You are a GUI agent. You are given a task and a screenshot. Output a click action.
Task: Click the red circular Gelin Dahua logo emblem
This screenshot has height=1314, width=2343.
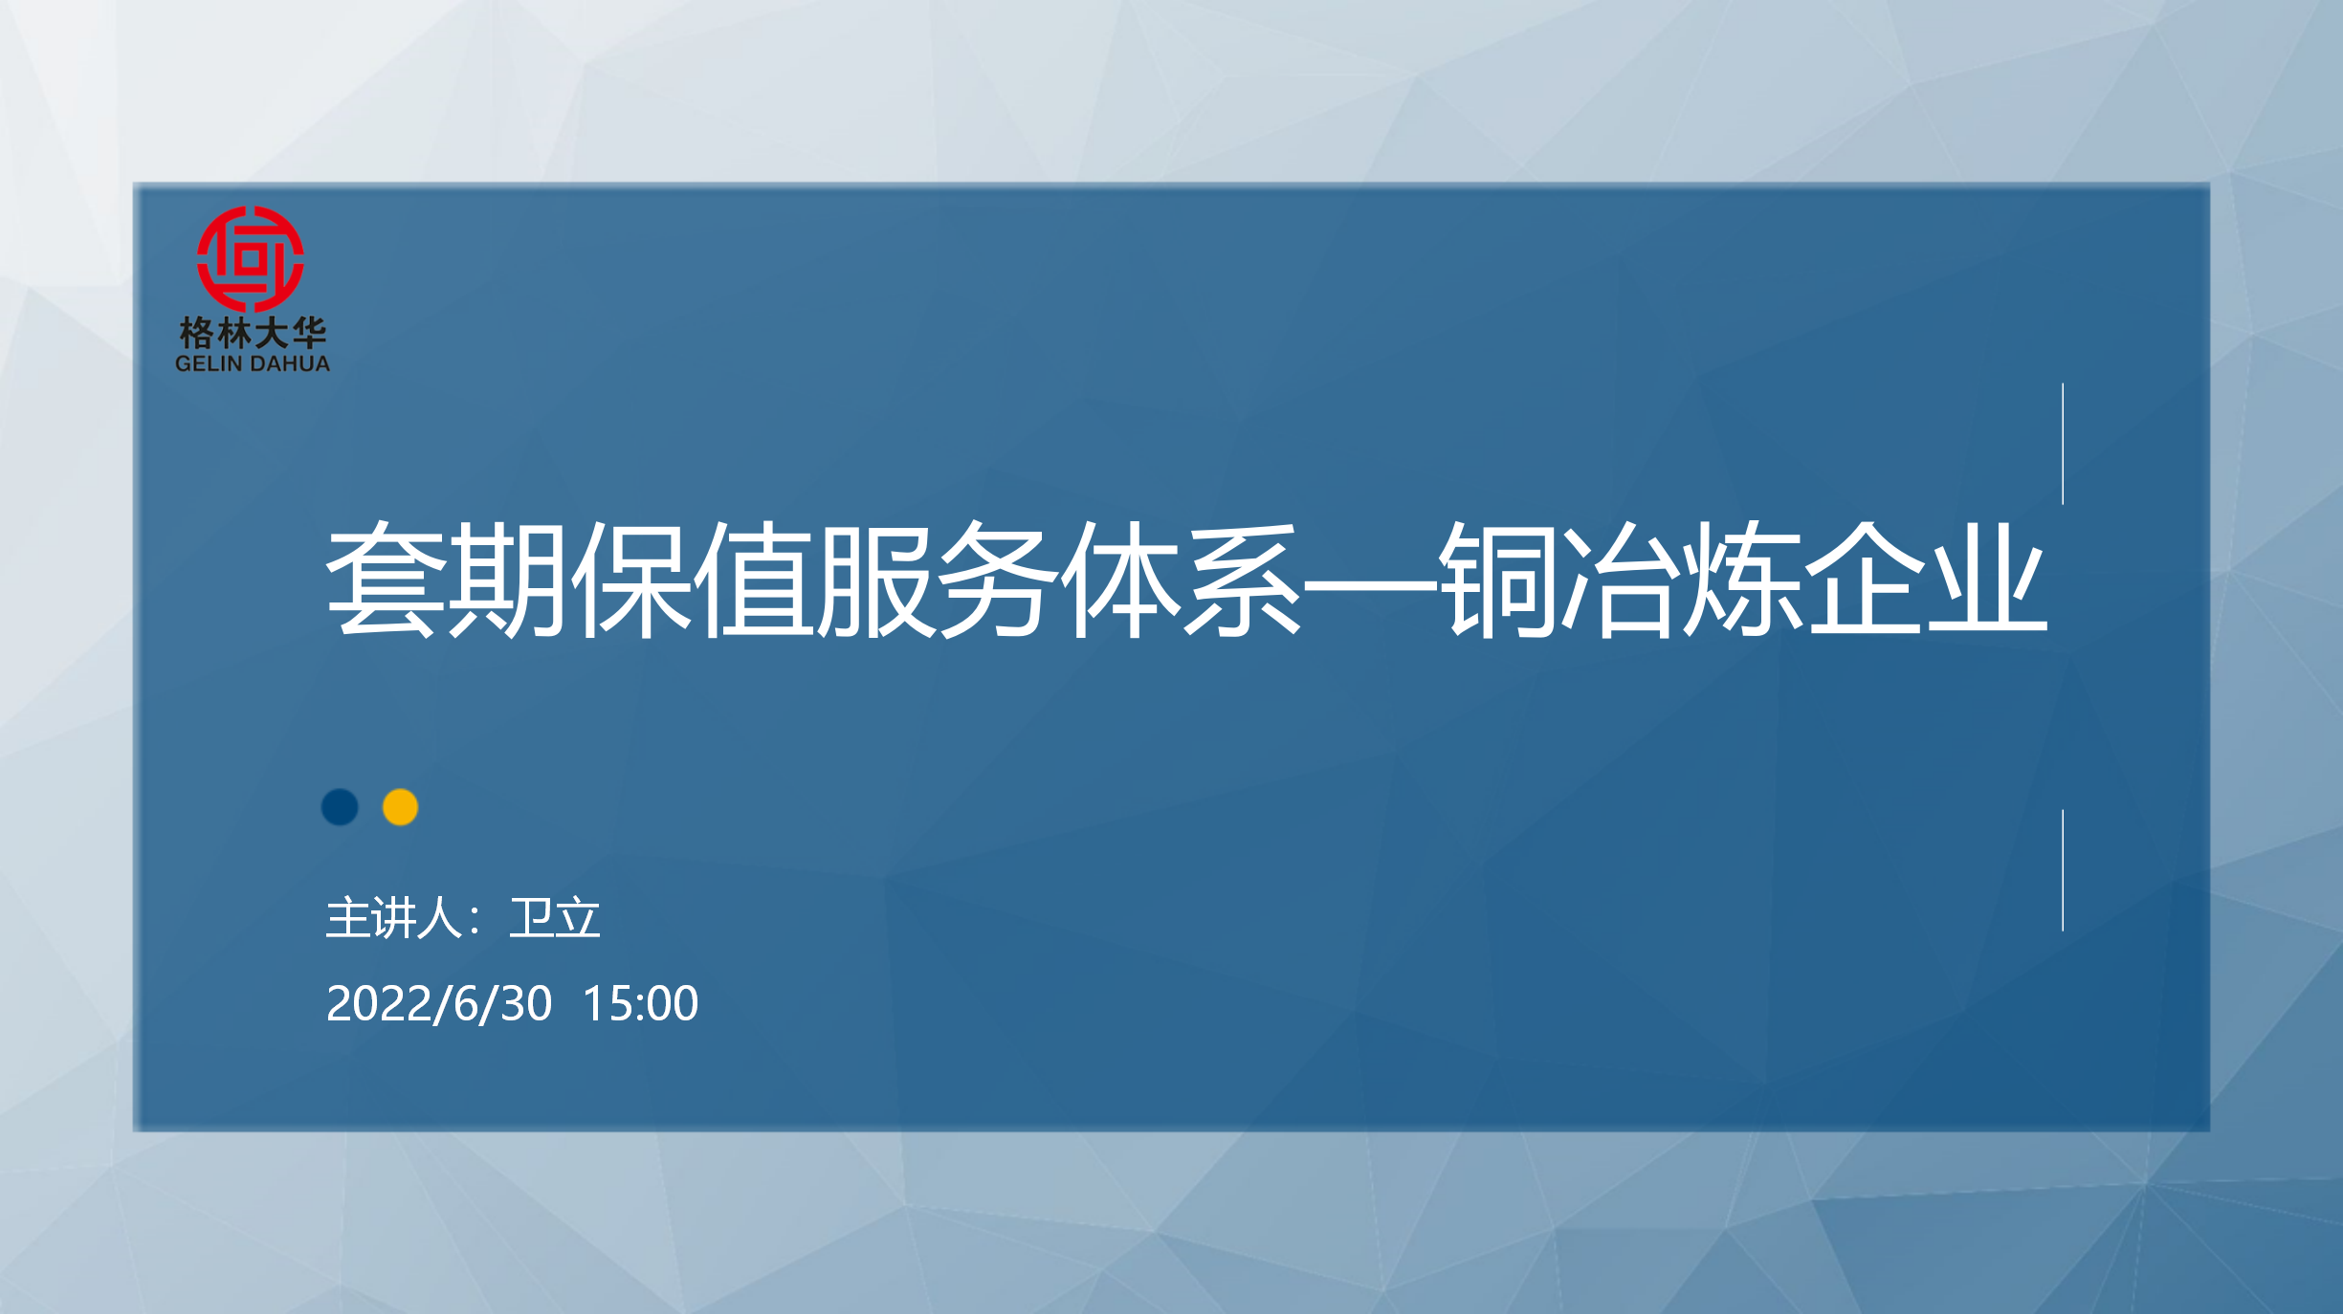coord(251,259)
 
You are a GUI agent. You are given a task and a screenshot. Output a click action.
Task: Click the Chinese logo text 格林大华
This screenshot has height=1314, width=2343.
coord(253,333)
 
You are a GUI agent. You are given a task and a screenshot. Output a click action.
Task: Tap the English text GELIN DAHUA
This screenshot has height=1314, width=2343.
coord(253,363)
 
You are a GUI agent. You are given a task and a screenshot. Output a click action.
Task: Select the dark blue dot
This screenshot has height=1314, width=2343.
coord(340,807)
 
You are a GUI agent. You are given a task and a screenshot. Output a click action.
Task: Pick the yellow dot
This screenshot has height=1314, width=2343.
coord(400,807)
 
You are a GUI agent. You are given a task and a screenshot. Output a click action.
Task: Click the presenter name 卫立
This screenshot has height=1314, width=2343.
coord(555,918)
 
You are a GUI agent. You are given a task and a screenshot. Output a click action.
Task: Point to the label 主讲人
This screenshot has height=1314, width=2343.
coord(394,918)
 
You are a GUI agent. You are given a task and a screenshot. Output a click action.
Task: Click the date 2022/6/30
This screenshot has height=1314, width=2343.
coord(439,1003)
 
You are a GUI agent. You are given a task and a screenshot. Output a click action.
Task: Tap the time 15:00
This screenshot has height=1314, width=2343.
coord(640,1003)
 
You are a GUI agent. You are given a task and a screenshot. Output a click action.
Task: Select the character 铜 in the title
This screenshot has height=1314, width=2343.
coord(1496,580)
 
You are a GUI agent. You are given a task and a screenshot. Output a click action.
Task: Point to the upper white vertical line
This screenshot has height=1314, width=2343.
coord(2063,444)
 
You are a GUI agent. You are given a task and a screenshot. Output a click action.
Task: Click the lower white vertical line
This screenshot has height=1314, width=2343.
coord(2063,870)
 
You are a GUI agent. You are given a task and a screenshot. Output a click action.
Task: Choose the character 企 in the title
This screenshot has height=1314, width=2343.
coord(1865,580)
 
